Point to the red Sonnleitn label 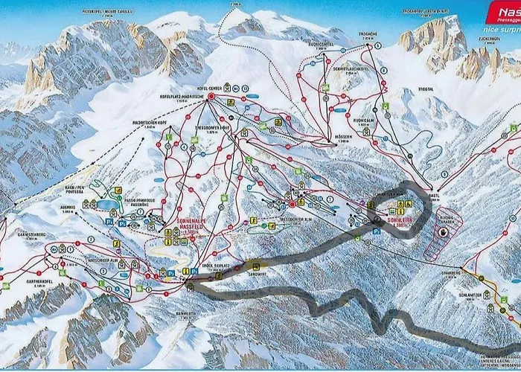[x=403, y=224]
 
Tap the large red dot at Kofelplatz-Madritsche [x=211, y=97]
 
